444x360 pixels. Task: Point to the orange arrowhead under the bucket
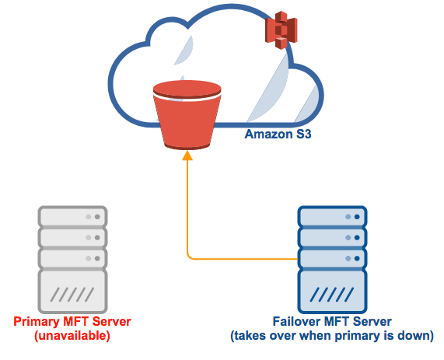[187, 156]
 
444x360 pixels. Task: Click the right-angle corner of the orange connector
[188, 257]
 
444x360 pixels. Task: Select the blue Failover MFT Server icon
[332, 259]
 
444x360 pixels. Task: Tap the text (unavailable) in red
[72, 336]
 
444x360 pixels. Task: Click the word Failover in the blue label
[296, 322]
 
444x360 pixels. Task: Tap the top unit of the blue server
[332, 216]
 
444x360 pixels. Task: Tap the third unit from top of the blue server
[332, 257]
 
